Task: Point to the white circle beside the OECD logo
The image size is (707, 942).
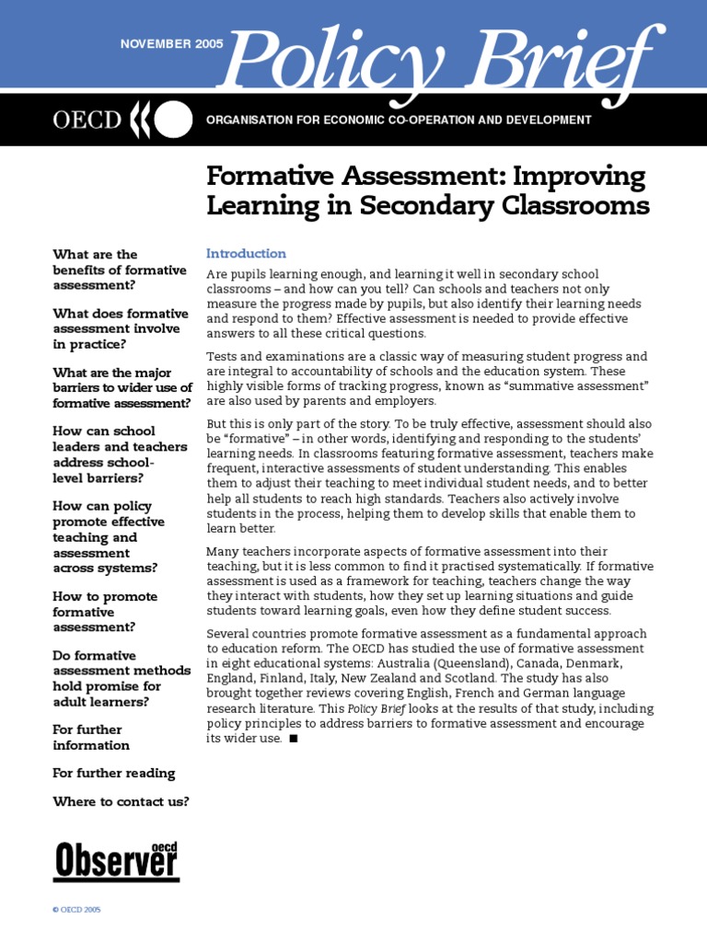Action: [176, 121]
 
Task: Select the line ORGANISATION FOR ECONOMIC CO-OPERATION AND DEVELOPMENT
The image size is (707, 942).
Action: [399, 120]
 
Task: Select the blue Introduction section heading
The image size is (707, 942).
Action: [246, 253]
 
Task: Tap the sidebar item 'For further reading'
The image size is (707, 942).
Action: [114, 773]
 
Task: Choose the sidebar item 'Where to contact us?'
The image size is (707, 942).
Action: [121, 801]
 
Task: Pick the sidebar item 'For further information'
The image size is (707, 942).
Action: [91, 737]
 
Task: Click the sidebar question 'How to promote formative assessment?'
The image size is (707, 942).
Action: [105, 612]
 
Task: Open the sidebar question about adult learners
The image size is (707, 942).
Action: [121, 678]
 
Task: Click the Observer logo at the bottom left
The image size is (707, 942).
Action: [116, 860]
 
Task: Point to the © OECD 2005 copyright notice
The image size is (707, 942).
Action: [77, 909]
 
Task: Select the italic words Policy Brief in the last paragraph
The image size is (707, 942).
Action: [376, 709]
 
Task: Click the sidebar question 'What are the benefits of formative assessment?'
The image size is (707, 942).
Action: [120, 270]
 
